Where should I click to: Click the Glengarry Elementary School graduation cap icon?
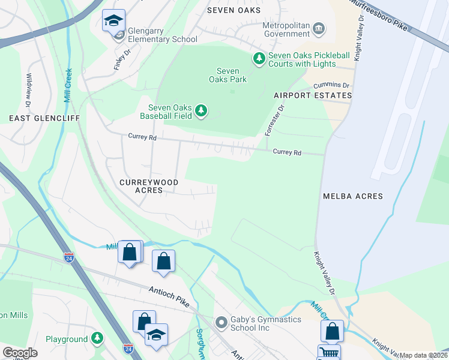[x=113, y=21]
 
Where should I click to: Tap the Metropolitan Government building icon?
[x=319, y=28]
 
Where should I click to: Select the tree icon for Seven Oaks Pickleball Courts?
[x=259, y=58]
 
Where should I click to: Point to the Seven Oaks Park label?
[x=228, y=75]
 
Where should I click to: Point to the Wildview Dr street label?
[x=28, y=86]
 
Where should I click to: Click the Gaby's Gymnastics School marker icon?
[x=221, y=323]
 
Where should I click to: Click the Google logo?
[x=20, y=353]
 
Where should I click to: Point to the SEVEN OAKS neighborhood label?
[x=234, y=10]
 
